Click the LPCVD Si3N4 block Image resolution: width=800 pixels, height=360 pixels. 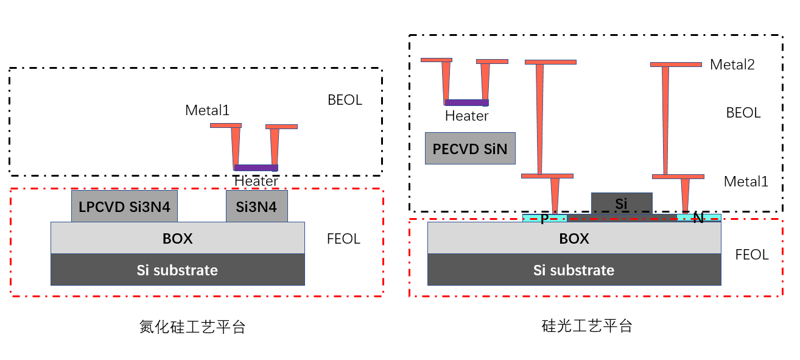pyautogui.click(x=125, y=206)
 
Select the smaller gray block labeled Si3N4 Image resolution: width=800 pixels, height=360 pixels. pyautogui.click(x=256, y=206)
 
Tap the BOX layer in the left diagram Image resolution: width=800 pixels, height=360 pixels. pyautogui.click(x=177, y=238)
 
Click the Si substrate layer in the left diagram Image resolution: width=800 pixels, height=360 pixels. pyautogui.click(x=177, y=270)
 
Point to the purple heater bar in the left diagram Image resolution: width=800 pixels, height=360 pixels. pyautogui.click(x=256, y=168)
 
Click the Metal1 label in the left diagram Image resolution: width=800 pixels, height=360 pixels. pyautogui.click(x=207, y=111)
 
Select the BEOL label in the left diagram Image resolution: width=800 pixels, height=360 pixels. pyautogui.click(x=345, y=100)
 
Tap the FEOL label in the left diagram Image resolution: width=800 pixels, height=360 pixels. pyautogui.click(x=343, y=239)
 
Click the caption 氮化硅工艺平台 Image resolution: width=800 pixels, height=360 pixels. pyautogui.click(x=192, y=327)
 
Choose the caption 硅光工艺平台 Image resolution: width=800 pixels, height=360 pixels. pyautogui.click(x=587, y=326)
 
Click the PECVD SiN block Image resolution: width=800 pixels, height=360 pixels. pyautogui.click(x=470, y=149)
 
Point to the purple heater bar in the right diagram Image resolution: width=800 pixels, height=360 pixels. pyautogui.click(x=467, y=102)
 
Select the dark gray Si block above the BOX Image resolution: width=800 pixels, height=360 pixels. pyautogui.click(x=622, y=203)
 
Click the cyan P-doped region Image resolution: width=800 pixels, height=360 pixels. pyautogui.click(x=544, y=217)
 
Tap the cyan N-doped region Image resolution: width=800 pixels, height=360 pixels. pyautogui.click(x=699, y=217)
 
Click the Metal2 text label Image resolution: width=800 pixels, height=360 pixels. pyautogui.click(x=732, y=65)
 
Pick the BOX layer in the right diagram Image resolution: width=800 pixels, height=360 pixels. pyautogui.click(x=574, y=238)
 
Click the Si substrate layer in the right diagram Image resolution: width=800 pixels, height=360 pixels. pyautogui.click(x=574, y=270)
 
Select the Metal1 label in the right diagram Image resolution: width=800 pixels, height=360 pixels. pyautogui.click(x=746, y=182)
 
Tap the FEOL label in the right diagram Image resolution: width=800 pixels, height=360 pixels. pyautogui.click(x=752, y=255)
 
